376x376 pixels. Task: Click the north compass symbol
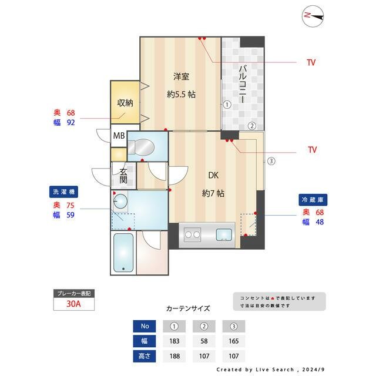pos(315,17)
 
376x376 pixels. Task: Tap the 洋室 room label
pos(181,76)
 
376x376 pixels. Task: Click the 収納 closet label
pos(125,102)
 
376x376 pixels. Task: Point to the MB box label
pos(119,137)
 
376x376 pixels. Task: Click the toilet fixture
pos(142,147)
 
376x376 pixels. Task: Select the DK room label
pos(213,174)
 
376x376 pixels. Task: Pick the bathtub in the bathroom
pos(123,253)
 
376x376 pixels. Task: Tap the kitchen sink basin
pos(224,236)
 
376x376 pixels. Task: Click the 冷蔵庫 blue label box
pos(311,199)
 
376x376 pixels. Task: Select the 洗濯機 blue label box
pos(63,192)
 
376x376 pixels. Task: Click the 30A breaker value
pos(74,304)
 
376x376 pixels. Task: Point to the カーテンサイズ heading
pos(187,308)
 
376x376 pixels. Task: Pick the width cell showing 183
pos(174,341)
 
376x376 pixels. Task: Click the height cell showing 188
pos(174,355)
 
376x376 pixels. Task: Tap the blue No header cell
pos(145,326)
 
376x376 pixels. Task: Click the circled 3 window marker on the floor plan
pos(271,161)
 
